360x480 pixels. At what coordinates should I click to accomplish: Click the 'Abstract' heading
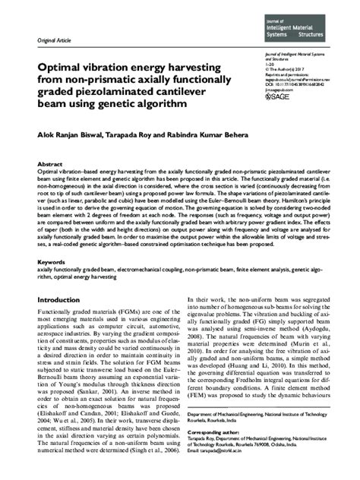pyautogui.click(x=50, y=164)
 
